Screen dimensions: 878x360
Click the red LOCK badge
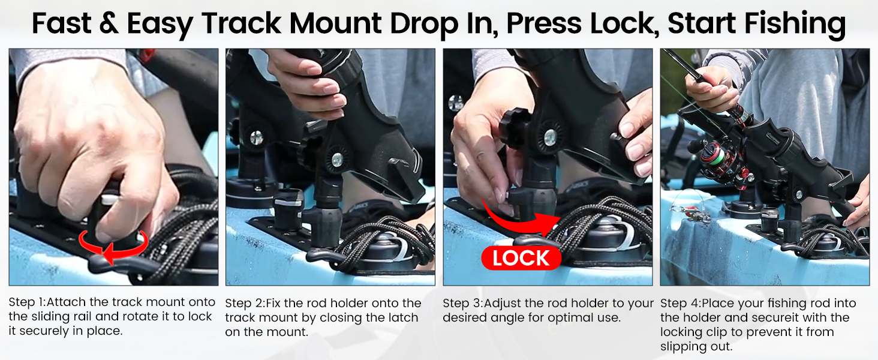(521, 258)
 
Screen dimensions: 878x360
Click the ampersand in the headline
(109, 23)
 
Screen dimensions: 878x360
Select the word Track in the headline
(242, 23)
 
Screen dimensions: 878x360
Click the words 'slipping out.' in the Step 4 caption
(696, 347)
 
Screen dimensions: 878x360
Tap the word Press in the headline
(544, 23)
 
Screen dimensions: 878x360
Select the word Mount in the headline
(335, 23)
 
